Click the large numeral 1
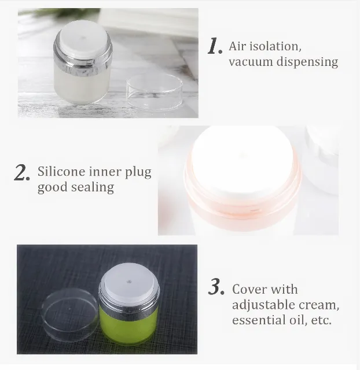point(215,46)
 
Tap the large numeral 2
point(22,172)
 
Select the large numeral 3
point(216,287)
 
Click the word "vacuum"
point(251,62)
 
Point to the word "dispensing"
point(307,62)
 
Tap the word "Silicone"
point(61,171)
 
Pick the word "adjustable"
point(263,305)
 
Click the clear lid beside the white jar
point(155,91)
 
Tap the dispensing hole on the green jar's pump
point(129,282)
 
